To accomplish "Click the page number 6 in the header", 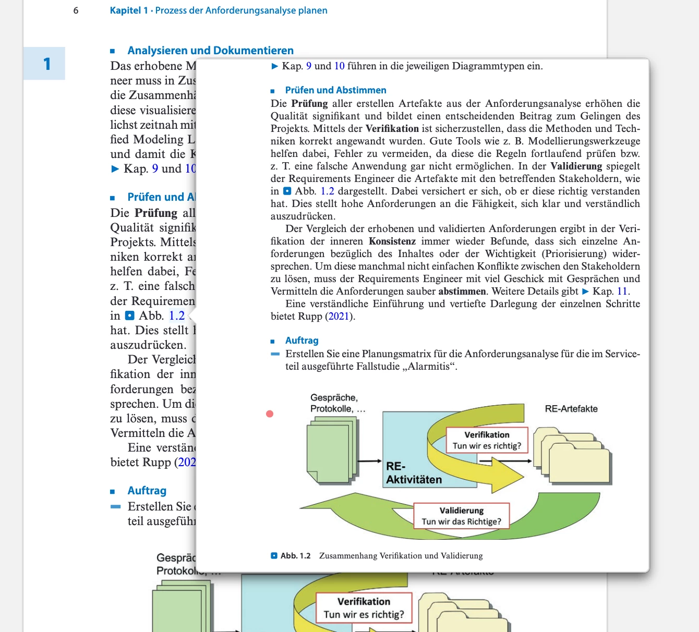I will coord(76,10).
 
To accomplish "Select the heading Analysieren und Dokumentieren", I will coord(210,51).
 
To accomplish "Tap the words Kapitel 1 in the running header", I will coord(129,10).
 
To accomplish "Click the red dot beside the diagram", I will coord(270,414).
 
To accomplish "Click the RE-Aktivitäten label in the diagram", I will coord(414,473).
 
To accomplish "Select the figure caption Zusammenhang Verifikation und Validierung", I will coord(401,556).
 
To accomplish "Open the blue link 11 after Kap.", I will coord(622,291).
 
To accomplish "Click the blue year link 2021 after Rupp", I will coord(339,317).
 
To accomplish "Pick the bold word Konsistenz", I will coord(392,241).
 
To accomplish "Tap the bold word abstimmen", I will coord(462,291).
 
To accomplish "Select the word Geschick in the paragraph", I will coord(533,279).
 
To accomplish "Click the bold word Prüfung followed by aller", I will coord(309,104).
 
